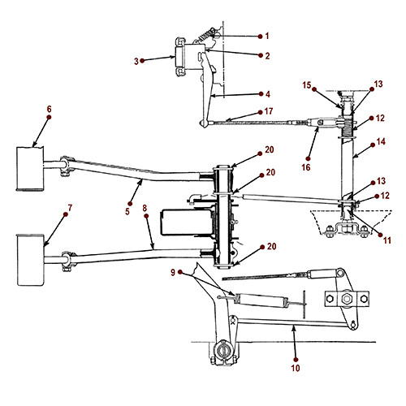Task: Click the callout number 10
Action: click(296, 368)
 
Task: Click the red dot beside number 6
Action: click(48, 117)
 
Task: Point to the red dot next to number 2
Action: click(258, 56)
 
